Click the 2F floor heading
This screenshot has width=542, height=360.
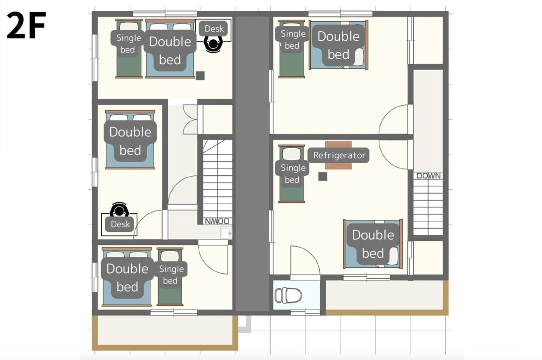click(x=26, y=25)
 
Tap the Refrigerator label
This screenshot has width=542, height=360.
click(x=339, y=155)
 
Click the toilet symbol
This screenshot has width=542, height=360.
click(x=288, y=295)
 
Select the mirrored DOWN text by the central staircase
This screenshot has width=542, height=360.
click(x=217, y=221)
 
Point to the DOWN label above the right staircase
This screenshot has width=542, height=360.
click(x=428, y=176)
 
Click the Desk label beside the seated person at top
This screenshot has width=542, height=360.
click(x=214, y=29)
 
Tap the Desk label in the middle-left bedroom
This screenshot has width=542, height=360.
click(x=120, y=224)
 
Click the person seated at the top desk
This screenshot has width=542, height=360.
click(x=213, y=44)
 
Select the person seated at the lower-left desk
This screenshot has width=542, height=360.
click(x=118, y=210)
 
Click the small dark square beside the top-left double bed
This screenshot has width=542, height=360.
click(x=200, y=76)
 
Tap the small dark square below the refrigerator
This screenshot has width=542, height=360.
click(x=322, y=177)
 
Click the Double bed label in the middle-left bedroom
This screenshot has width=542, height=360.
click(x=130, y=141)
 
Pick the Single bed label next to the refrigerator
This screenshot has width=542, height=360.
click(x=293, y=174)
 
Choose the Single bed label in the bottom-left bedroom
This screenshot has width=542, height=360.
click(x=171, y=275)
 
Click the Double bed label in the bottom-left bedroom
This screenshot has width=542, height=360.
click(x=127, y=278)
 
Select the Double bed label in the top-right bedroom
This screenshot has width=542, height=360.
click(x=338, y=45)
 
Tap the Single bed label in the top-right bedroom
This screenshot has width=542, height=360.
click(x=293, y=40)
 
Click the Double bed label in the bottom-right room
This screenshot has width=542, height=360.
click(x=373, y=244)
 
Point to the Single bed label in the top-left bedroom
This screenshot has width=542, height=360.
click(x=128, y=44)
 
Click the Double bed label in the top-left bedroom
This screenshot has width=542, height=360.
click(x=170, y=51)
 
